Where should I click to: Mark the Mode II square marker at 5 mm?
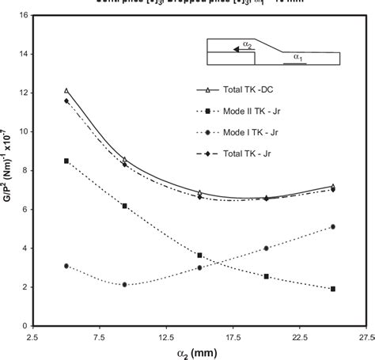click(x=66, y=161)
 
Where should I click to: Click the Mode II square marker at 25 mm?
click(x=333, y=289)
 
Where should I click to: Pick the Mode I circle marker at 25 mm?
click(x=333, y=226)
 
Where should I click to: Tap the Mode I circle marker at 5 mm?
click(x=66, y=266)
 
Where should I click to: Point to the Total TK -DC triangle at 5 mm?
click(x=66, y=90)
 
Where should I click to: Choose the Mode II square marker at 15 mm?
click(x=200, y=255)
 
